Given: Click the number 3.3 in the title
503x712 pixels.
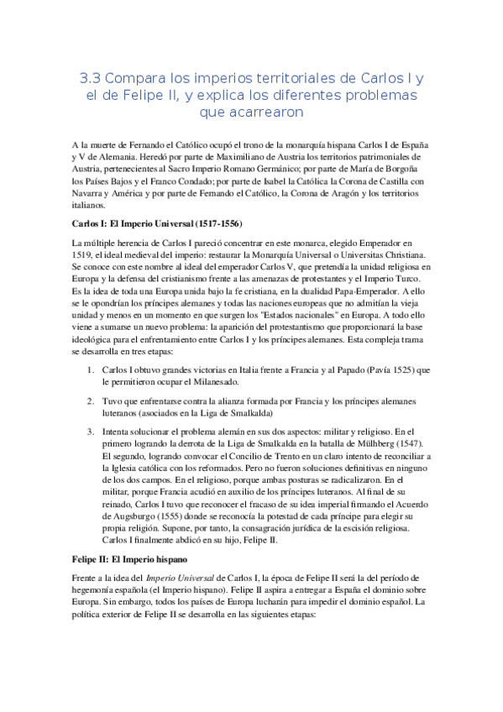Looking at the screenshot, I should (x=92, y=78).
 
